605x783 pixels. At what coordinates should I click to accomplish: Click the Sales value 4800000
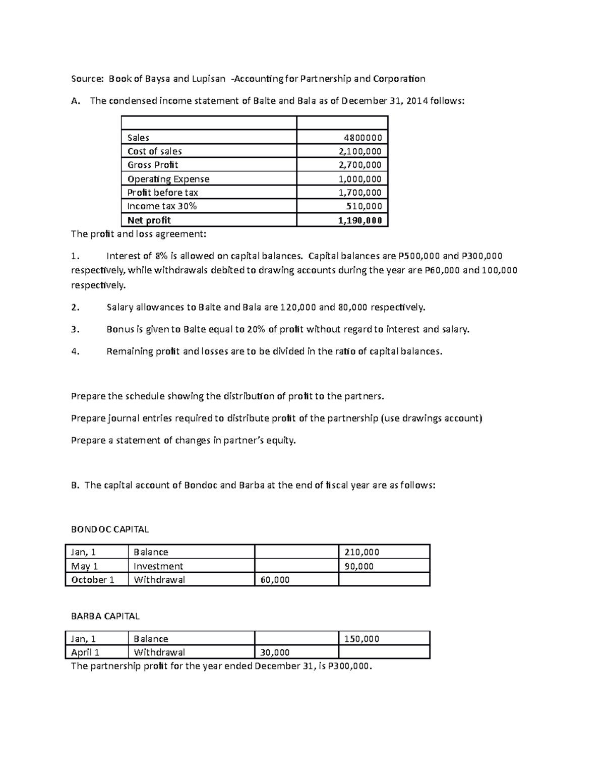(x=362, y=138)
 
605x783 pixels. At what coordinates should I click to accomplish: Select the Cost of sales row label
(x=154, y=151)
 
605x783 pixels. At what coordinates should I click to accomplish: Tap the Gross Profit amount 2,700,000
(x=360, y=165)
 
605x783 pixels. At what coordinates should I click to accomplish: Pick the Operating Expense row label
(x=168, y=179)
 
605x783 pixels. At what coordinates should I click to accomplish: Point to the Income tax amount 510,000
(x=364, y=206)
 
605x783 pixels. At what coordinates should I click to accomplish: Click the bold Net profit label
(x=149, y=220)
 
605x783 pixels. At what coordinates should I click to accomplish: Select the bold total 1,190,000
(x=359, y=220)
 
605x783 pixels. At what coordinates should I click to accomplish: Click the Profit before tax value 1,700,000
(x=360, y=193)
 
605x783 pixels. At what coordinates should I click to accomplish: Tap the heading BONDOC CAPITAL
(x=110, y=529)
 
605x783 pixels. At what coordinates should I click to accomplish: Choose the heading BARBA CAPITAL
(x=105, y=616)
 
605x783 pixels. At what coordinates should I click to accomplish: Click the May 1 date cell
(x=85, y=566)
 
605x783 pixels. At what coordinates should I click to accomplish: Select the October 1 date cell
(x=93, y=580)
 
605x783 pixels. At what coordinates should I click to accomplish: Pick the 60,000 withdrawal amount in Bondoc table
(x=275, y=580)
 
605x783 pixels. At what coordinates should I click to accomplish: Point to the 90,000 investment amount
(x=358, y=566)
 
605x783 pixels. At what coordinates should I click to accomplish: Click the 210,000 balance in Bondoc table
(x=361, y=552)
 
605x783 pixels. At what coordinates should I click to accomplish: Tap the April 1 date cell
(x=85, y=652)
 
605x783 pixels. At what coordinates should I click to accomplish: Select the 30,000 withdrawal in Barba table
(x=275, y=652)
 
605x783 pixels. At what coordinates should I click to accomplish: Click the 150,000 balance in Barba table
(x=361, y=639)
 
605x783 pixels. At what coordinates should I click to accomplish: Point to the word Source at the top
(x=87, y=79)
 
